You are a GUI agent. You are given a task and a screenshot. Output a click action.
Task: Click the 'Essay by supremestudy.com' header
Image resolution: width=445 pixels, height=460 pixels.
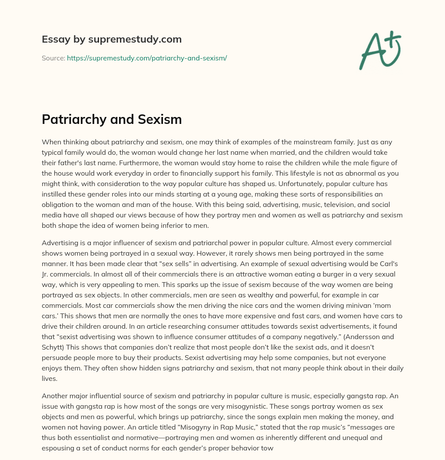[112, 40]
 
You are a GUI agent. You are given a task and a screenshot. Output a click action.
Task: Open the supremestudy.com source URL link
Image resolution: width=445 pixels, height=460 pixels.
[147, 58]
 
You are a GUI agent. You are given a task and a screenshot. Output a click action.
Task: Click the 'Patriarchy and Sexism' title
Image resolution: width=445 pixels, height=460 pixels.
[112, 119]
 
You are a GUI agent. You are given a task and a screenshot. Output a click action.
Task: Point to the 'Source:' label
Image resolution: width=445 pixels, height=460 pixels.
[53, 58]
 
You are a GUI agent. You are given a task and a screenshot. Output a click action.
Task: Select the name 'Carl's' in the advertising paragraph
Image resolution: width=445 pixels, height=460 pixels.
[390, 264]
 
